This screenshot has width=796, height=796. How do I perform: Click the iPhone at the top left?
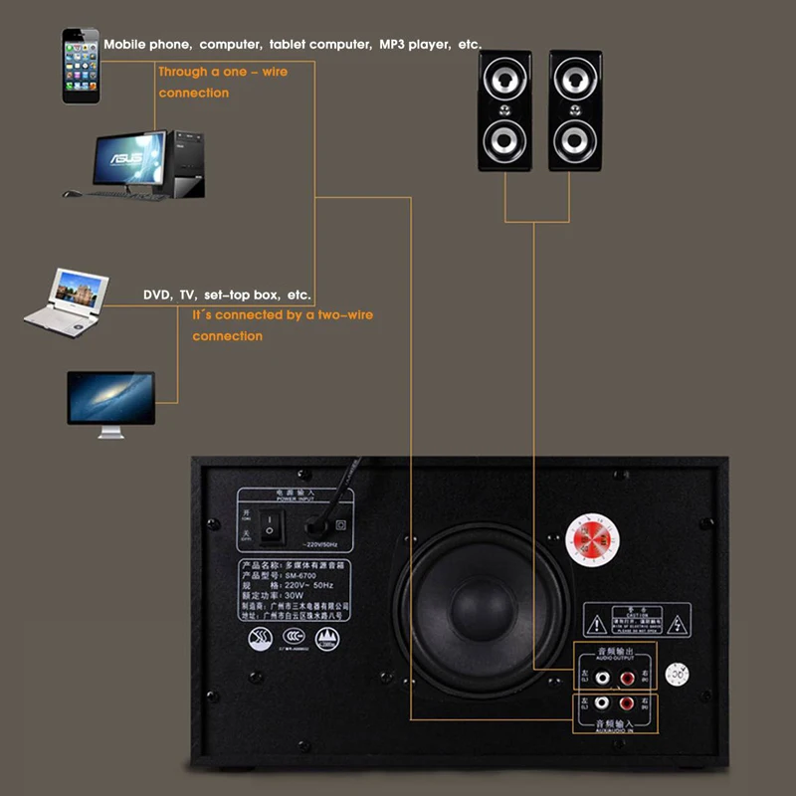point(81,65)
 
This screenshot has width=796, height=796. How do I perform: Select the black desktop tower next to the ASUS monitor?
point(184,162)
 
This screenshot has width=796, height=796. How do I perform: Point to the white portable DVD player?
point(65,299)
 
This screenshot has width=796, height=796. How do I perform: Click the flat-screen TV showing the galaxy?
point(110,400)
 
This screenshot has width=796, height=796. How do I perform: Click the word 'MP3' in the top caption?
point(393,45)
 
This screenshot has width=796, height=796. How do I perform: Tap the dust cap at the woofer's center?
point(482,603)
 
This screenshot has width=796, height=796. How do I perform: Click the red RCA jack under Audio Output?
point(627,679)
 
